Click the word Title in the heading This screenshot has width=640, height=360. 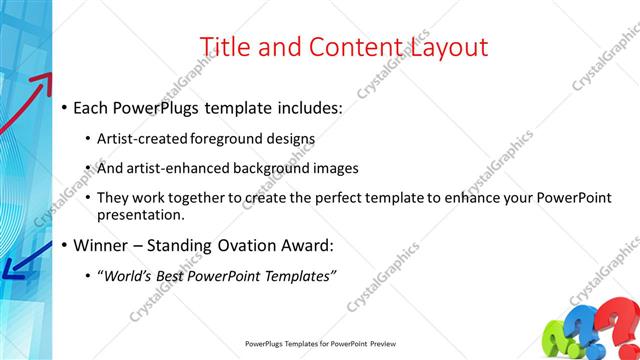225,47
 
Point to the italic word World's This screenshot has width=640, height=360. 128,275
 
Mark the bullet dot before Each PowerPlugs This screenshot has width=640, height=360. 65,107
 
